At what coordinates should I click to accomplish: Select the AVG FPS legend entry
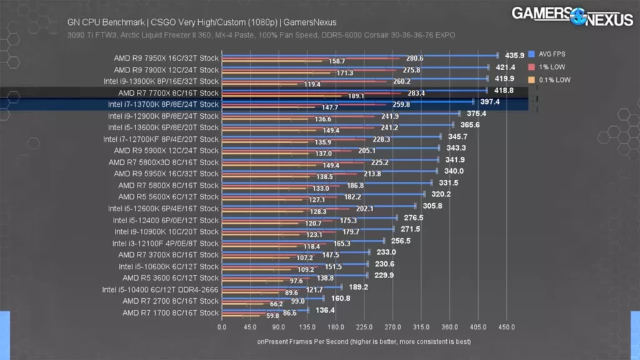553,54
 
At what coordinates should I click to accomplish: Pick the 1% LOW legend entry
552,67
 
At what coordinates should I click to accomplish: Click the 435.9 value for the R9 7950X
514,56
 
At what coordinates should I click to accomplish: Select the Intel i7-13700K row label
163,104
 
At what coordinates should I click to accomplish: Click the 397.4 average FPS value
490,101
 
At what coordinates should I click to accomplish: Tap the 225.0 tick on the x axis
364,327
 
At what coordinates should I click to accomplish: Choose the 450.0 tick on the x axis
506,327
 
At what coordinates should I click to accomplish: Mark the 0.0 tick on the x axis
222,327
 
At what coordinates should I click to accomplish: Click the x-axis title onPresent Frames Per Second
363,342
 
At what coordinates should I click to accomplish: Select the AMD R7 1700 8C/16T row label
171,312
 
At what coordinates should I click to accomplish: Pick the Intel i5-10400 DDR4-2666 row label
161,289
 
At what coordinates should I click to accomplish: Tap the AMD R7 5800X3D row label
164,162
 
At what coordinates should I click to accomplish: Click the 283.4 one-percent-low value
415,93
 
